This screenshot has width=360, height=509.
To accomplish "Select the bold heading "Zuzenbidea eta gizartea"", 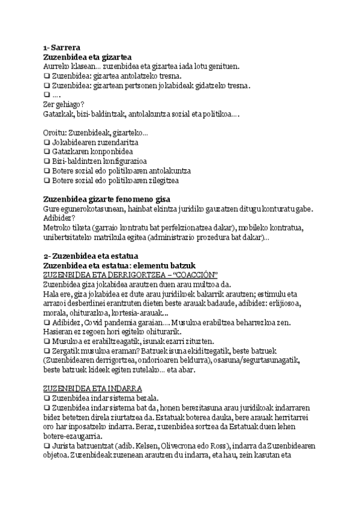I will coord(88,57).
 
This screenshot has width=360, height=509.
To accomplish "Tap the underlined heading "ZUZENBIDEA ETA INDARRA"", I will coord(92,388).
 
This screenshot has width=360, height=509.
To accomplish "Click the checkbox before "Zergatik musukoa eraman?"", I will coord(47,351).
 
